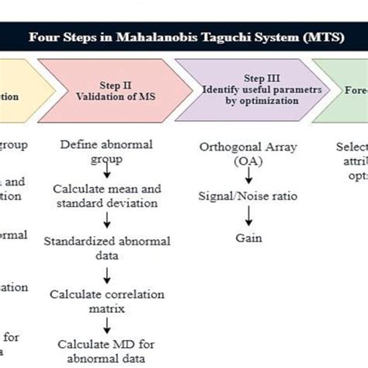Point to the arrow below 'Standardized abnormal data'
coord(106,275)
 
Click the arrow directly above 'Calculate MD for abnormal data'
coord(106,326)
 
